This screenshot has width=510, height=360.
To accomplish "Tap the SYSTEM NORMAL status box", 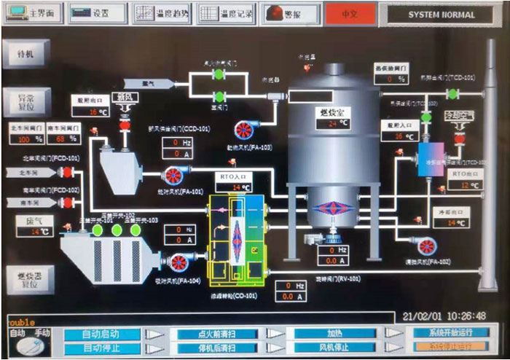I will click(x=440, y=14).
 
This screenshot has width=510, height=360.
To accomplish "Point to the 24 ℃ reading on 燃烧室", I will click(x=332, y=123).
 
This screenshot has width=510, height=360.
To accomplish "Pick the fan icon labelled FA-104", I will click(x=179, y=263).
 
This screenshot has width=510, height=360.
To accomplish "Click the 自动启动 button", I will click(x=101, y=333).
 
